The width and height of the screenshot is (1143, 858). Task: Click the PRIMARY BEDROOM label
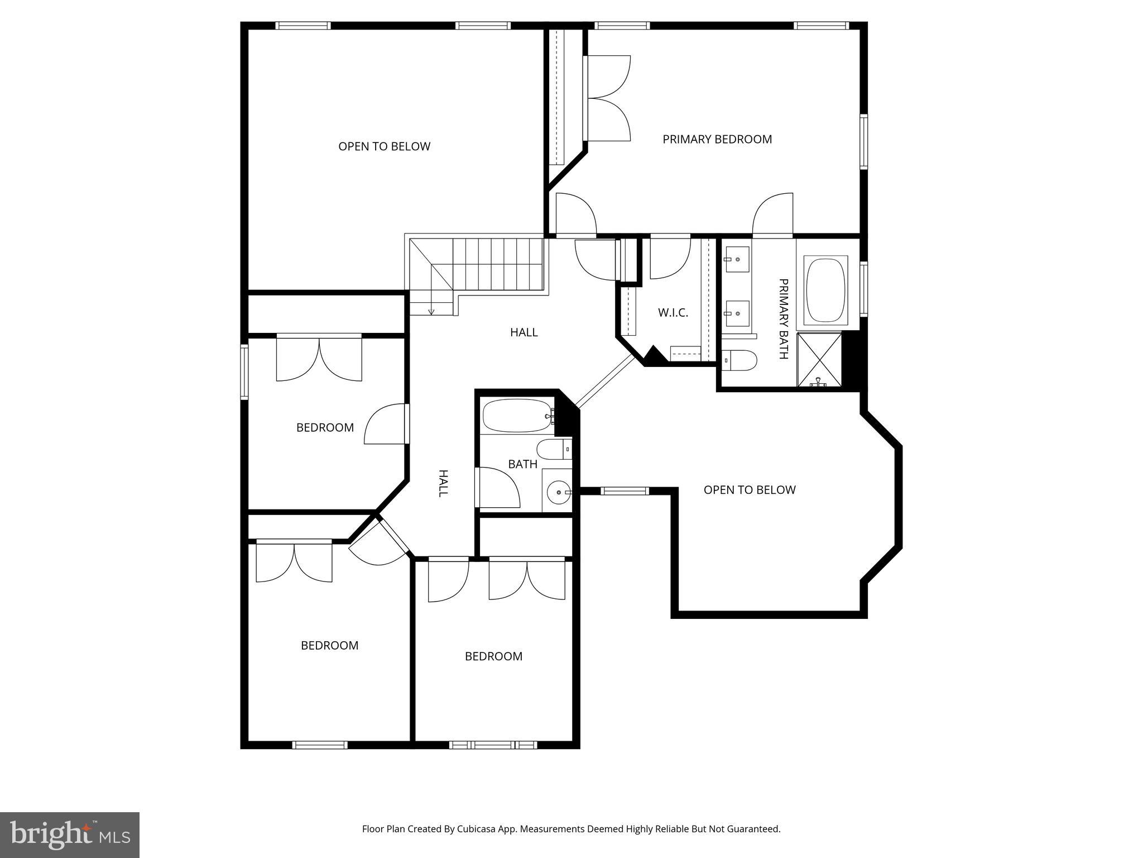[x=717, y=139]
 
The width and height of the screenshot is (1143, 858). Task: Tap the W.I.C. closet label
[x=673, y=313]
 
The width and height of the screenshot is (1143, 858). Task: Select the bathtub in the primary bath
[x=825, y=290]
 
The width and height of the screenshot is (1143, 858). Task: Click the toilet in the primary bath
[x=739, y=360]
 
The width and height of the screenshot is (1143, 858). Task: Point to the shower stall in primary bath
[x=819, y=359]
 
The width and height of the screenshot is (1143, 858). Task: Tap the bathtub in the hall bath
[x=517, y=416]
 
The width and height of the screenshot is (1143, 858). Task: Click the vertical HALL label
[x=443, y=483]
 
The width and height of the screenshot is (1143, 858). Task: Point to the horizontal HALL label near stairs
[x=524, y=332]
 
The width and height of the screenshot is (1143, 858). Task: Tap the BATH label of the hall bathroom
[x=522, y=464]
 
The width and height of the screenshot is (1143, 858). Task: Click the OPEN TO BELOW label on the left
[x=384, y=146]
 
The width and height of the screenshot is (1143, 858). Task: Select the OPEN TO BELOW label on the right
[x=749, y=490]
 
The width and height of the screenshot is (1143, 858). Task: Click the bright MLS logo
[x=69, y=835]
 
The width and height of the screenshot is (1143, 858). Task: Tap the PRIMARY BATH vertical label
[x=783, y=318]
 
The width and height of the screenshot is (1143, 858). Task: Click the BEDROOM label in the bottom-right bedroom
[x=493, y=656]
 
